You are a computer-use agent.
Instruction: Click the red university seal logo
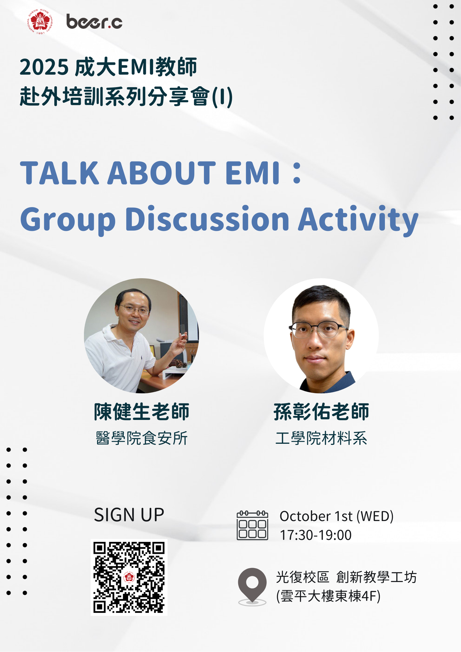click(x=40, y=21)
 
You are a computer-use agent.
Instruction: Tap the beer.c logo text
click(x=94, y=22)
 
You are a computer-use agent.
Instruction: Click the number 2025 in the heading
click(x=44, y=67)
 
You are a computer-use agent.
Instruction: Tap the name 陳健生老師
click(x=141, y=412)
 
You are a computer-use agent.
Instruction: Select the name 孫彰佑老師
click(x=321, y=412)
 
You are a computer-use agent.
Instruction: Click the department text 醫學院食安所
click(x=142, y=438)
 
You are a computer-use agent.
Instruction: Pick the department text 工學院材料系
click(x=321, y=438)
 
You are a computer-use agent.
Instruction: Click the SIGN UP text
click(x=129, y=515)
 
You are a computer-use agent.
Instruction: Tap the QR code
click(x=129, y=577)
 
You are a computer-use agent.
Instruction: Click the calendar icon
click(x=252, y=526)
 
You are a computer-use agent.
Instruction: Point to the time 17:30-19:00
click(x=316, y=535)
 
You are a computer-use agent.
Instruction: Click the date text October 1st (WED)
click(x=337, y=516)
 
